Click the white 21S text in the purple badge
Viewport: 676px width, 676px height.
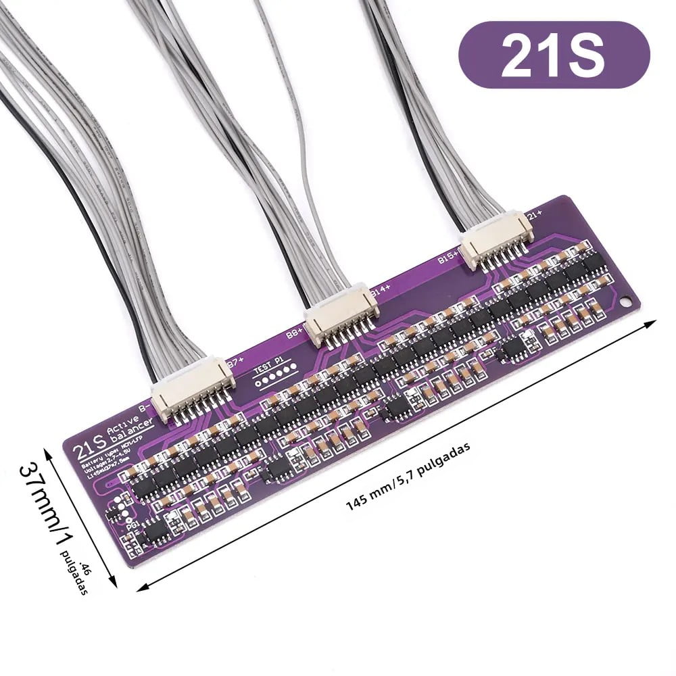pyautogui.click(x=553, y=55)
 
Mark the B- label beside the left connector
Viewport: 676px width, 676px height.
pyautogui.click(x=144, y=408)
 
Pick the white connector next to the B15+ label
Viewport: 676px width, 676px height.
pyautogui.click(x=496, y=240)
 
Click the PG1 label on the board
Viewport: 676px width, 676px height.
pyautogui.click(x=133, y=522)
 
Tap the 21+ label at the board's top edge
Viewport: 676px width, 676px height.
pyautogui.click(x=535, y=216)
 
